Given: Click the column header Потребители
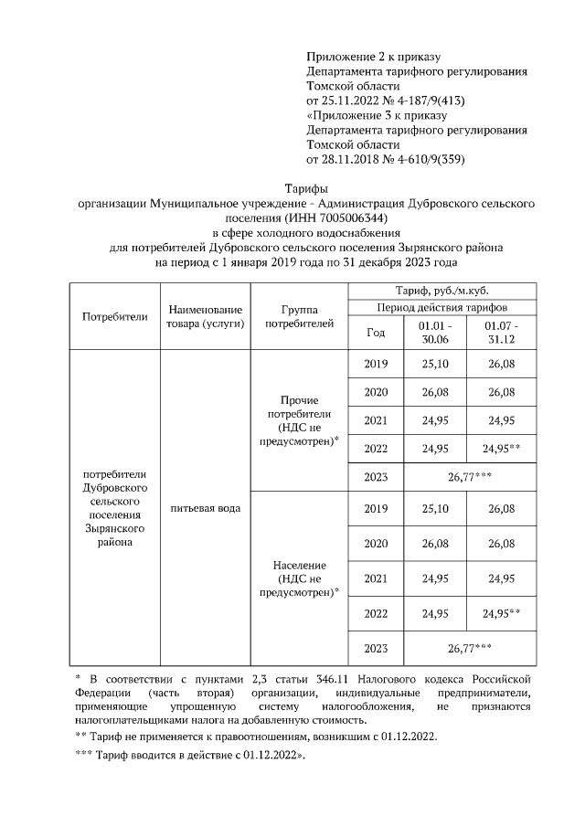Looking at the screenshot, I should (x=114, y=317).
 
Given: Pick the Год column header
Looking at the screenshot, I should (x=376, y=333).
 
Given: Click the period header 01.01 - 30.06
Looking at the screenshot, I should (x=436, y=333).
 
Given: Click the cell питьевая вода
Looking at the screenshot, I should (x=205, y=508).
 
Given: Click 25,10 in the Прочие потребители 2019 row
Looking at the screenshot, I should (x=436, y=365).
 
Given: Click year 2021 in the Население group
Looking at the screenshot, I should (x=376, y=578).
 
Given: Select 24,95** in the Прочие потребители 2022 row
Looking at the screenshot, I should (x=502, y=449).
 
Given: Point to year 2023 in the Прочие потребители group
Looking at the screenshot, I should (x=376, y=476).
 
